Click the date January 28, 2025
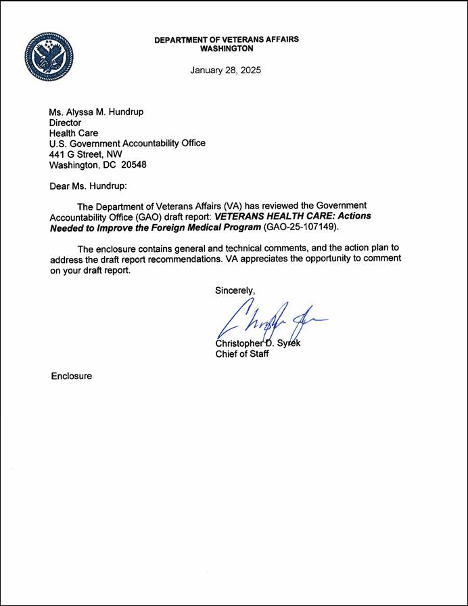[x=225, y=70]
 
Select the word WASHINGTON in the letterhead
[x=227, y=49]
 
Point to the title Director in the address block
[x=66, y=123]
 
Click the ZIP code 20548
[x=131, y=165]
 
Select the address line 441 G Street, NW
[x=86, y=154]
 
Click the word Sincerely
[x=235, y=290]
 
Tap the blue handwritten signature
[x=271, y=318]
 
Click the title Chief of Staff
[x=242, y=353]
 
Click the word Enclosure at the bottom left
[x=71, y=375]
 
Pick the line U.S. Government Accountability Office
[x=127, y=144]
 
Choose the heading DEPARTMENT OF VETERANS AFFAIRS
[x=227, y=40]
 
